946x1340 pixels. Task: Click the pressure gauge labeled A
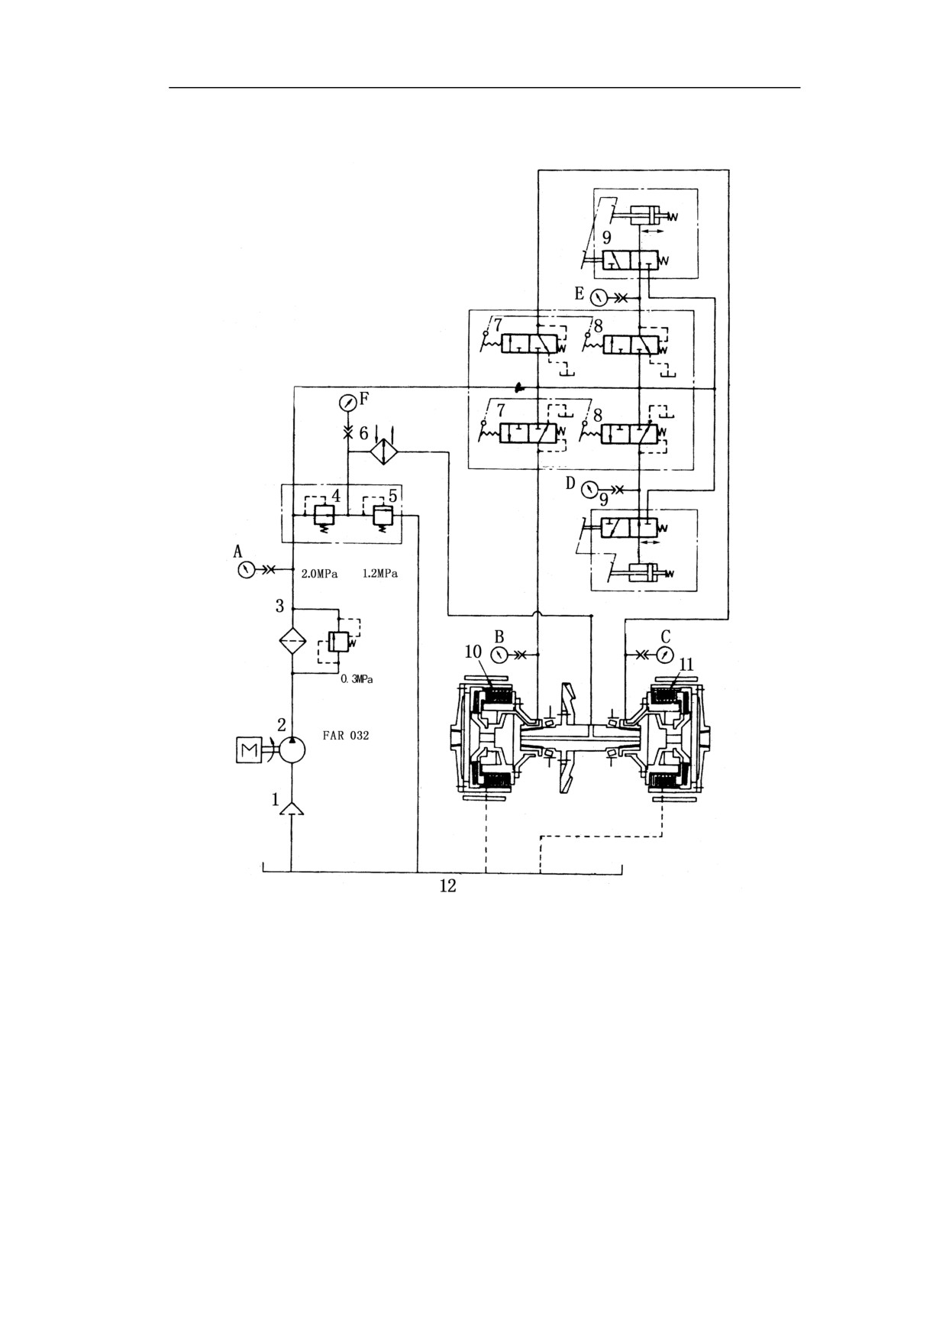[x=245, y=569]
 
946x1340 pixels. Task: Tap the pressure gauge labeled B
[x=499, y=655]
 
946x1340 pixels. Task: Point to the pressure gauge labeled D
[x=587, y=488]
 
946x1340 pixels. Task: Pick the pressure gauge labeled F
[x=347, y=402]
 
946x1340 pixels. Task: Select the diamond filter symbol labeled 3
[x=292, y=640]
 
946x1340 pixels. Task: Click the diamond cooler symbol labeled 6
[x=385, y=452]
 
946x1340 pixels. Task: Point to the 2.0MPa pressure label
[x=319, y=574]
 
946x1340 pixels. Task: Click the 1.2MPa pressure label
[x=379, y=574]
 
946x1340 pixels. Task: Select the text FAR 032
[x=346, y=736]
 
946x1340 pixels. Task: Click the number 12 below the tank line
[x=447, y=885]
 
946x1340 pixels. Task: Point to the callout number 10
[x=473, y=652]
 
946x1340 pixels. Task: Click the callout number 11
[x=686, y=665]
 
